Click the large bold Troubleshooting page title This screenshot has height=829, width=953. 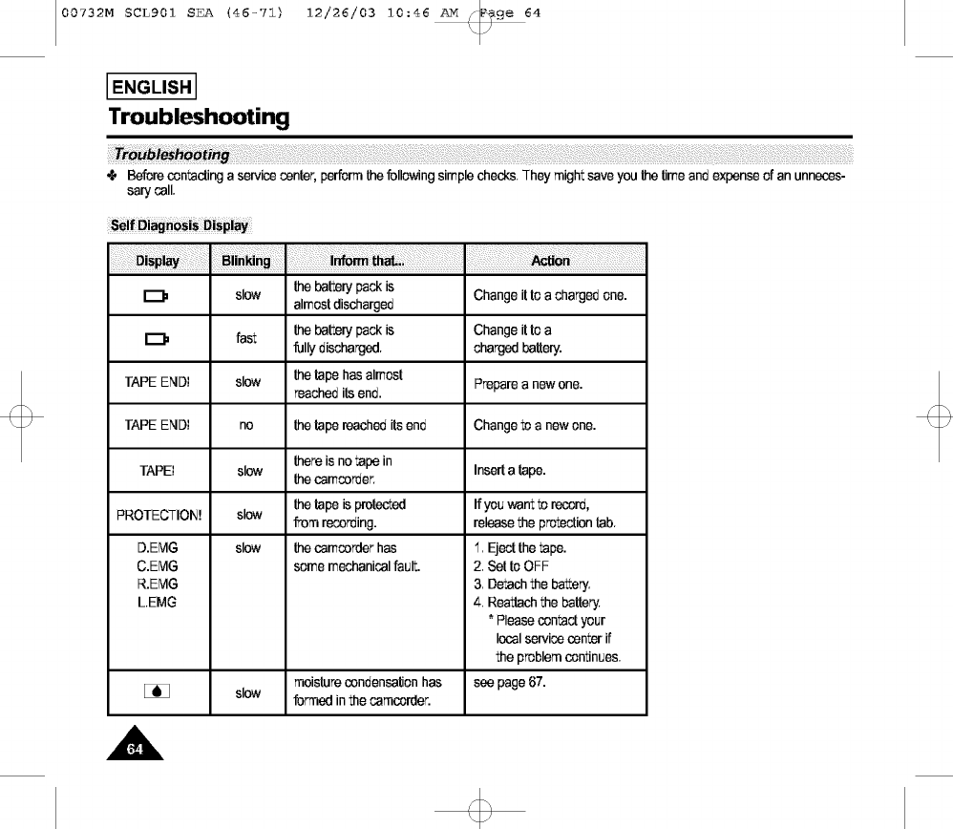pos(199,117)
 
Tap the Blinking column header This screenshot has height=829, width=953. pos(246,261)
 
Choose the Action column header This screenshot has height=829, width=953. pos(550,261)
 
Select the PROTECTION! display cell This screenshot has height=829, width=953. pos(158,515)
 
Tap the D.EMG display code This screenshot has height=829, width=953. pos(158,548)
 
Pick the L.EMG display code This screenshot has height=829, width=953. pos(158,602)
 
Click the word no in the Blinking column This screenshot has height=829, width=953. pos(246,426)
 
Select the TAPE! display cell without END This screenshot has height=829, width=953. pos(157,471)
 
